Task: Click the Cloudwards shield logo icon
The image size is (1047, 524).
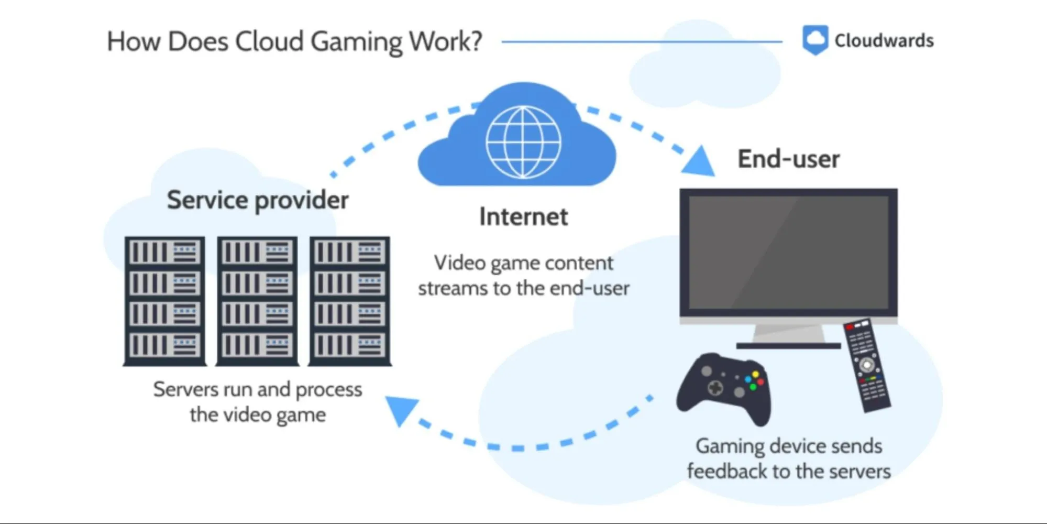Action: tap(815, 40)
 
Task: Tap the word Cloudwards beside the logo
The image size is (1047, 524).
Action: tap(884, 41)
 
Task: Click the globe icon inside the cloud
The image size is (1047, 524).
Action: tap(523, 141)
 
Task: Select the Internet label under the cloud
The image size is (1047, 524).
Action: tap(523, 217)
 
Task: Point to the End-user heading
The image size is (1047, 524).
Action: tap(788, 159)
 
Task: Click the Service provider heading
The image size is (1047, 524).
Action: tap(257, 200)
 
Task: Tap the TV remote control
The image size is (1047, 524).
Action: tap(866, 365)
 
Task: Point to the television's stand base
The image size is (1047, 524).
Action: tap(788, 345)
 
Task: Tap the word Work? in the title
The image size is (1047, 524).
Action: tap(445, 42)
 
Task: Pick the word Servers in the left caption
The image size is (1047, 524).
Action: tap(185, 390)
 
